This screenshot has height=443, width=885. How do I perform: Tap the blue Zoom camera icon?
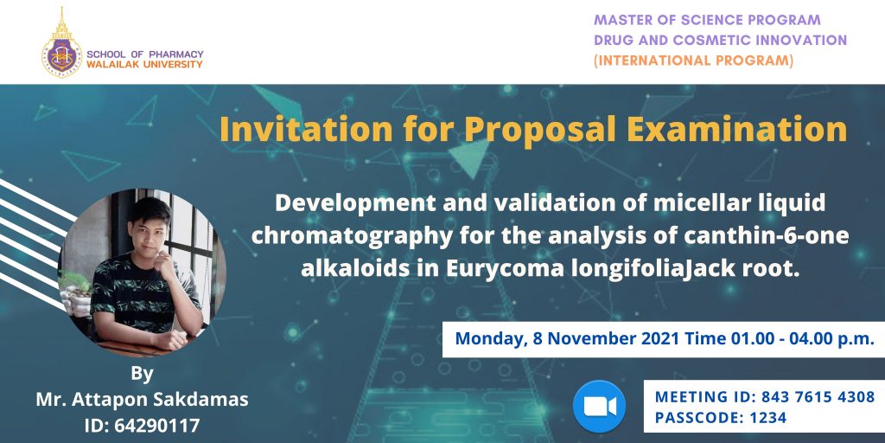tap(599, 407)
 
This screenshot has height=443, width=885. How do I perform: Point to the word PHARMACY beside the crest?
tap(176, 55)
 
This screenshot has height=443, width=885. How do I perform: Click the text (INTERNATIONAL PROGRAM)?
tap(693, 61)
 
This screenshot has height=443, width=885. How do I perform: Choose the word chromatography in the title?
tap(352, 235)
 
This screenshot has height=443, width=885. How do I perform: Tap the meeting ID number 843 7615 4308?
tap(818, 396)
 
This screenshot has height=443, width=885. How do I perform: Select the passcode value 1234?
tap(769, 418)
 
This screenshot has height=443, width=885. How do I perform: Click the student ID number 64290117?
tap(157, 425)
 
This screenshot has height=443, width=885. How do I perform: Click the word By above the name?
tap(142, 374)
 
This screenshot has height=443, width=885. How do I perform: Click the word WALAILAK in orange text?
tap(112, 64)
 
